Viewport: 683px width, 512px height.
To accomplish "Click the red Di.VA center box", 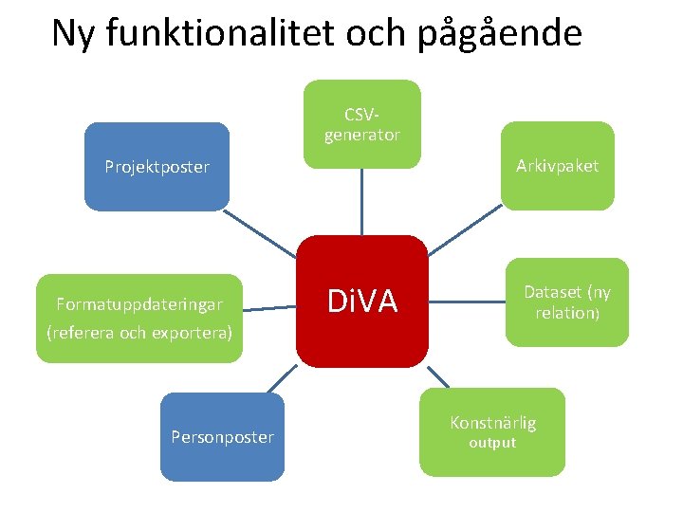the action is point(361,302).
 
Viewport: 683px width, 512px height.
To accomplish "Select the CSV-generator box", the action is point(361,124).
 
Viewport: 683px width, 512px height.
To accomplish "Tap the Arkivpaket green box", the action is point(557,166).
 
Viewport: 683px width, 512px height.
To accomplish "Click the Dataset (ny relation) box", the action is point(567,302).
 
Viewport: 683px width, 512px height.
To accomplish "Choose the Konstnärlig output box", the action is point(491,431).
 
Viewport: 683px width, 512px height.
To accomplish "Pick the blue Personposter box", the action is point(222,437).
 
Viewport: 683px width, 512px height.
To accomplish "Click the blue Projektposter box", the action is point(157,167).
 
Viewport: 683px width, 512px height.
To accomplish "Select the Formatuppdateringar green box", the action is point(139,319).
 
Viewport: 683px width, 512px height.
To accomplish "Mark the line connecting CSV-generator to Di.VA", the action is point(362,201).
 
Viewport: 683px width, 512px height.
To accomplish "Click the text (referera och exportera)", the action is point(138,333).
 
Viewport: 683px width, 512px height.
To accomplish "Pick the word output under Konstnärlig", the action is point(491,444).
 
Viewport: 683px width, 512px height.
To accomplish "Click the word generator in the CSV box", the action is point(361,136).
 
